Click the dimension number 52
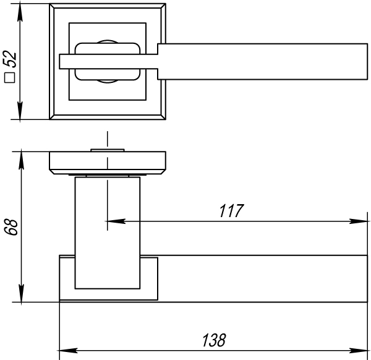tap(10, 59)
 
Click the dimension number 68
tap(11, 227)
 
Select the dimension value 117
tap(231, 211)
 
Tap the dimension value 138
tap(214, 340)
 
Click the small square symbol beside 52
tap(9, 77)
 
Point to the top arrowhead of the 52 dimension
tap(20, 12)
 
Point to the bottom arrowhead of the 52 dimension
tap(20, 111)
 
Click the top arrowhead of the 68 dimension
tap(21, 160)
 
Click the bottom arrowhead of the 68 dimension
tap(21, 293)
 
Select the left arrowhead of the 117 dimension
tap(116, 221)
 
